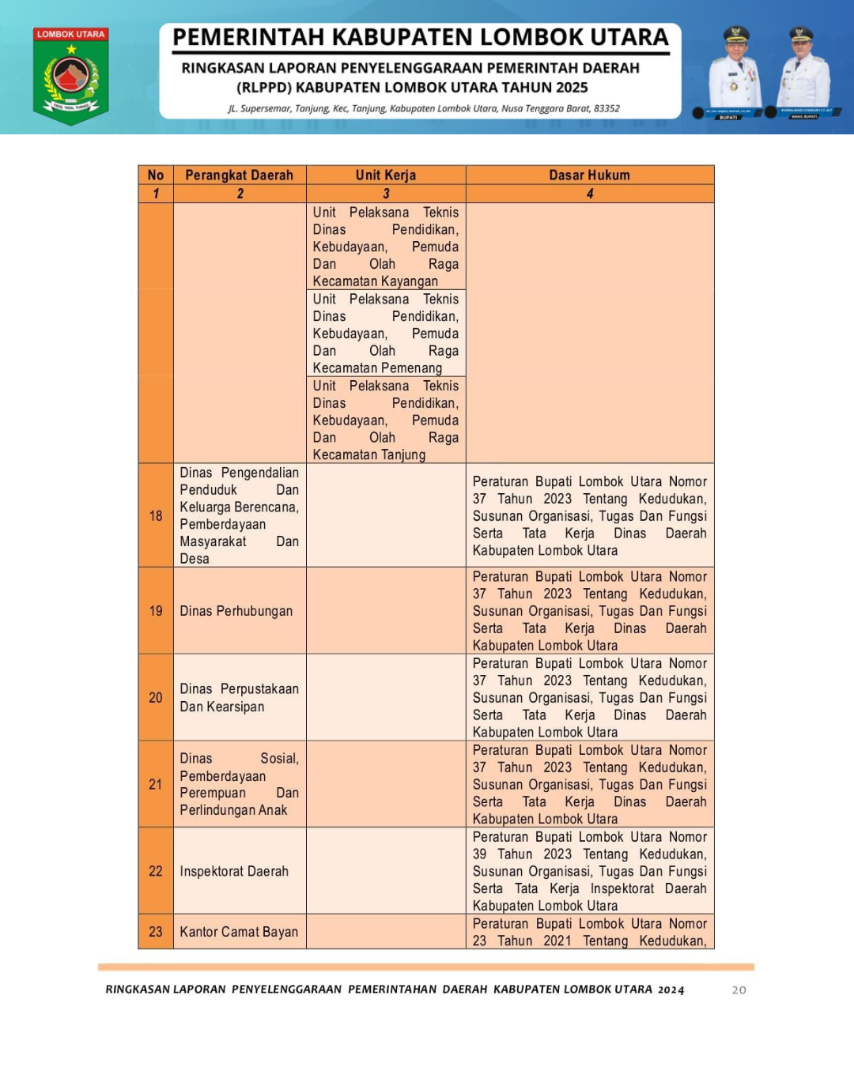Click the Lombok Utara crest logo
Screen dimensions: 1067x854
pos(71,77)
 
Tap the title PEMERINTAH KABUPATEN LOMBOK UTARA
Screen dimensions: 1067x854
pos(421,37)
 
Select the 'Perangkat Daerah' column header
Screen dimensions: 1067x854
pos(239,175)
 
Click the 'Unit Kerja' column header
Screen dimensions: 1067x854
pos(386,175)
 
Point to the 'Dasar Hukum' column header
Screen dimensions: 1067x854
pos(589,175)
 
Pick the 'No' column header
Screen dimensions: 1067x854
pos(156,175)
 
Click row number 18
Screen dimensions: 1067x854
pos(156,515)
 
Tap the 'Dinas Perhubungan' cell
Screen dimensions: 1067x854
pos(236,611)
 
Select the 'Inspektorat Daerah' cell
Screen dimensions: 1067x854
pos(234,871)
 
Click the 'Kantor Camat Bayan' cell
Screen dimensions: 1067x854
pos(239,932)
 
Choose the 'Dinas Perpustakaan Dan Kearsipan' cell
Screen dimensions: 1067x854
pos(239,698)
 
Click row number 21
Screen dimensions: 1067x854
pos(156,784)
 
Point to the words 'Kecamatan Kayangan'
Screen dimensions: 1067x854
pos(375,281)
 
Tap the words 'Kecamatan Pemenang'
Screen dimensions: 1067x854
pos(377,368)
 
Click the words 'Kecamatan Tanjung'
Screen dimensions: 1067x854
pos(368,455)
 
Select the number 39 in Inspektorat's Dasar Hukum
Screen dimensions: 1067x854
pos(479,854)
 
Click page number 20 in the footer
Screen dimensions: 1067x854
pos(739,990)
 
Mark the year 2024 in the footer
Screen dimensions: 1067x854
pos(671,990)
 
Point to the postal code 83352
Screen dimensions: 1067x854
pos(606,108)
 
